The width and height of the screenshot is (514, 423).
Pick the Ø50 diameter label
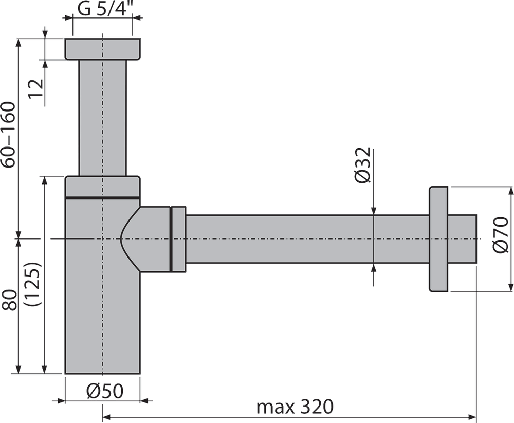coord(104,392)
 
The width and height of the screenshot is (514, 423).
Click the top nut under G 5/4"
coord(103,48)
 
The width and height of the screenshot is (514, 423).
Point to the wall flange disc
coord(437,239)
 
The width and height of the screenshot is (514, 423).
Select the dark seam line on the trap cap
coord(103,197)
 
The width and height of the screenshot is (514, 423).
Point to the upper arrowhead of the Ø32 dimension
coord(373,210)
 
